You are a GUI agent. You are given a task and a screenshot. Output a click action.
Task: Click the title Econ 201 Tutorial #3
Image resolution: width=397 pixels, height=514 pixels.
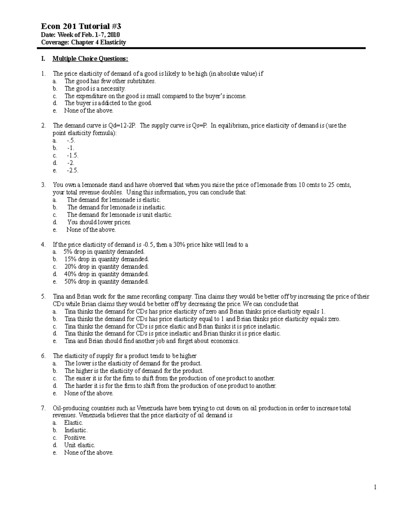click(78, 26)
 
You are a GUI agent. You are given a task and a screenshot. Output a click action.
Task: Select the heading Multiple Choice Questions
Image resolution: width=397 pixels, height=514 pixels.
click(90, 59)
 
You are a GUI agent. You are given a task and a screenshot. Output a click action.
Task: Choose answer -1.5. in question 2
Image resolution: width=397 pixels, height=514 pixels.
click(72, 156)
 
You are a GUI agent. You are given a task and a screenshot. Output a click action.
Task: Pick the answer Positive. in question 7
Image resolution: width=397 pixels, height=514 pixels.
click(75, 438)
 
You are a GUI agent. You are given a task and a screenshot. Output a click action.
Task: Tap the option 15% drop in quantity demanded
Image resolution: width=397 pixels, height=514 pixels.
click(106, 259)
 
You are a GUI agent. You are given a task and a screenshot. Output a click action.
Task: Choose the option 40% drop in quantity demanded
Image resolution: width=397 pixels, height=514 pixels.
click(106, 274)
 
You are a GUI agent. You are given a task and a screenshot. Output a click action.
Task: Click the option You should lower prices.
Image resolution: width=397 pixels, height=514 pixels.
click(99, 222)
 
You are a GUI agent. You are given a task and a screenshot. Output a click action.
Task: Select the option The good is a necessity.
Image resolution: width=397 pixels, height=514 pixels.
click(95, 88)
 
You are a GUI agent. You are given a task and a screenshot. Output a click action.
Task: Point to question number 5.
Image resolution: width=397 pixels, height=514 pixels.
click(43, 297)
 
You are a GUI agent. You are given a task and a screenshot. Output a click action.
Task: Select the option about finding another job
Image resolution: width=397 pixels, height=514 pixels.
click(152, 341)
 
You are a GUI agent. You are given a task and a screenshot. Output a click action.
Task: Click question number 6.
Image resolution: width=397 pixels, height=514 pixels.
click(43, 356)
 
